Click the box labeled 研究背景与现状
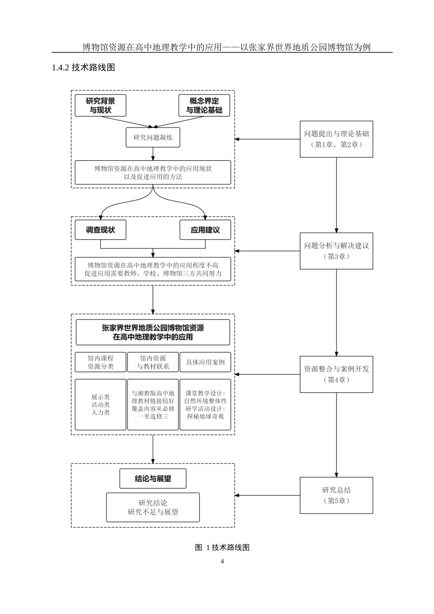coord(101,106)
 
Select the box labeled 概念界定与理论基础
coord(204,106)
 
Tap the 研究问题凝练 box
coord(153,138)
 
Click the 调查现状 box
coord(101,230)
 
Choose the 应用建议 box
coord(205,230)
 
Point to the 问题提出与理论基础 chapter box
coord(336,139)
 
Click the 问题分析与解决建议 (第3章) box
coord(336,251)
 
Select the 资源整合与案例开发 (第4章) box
coord(336,374)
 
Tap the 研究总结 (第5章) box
coord(336,495)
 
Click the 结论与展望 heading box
coord(153,479)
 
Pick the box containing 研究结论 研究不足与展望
coord(153,507)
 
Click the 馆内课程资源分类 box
coord(101,362)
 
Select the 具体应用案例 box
coord(205,362)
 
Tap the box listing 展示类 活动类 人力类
coord(101,405)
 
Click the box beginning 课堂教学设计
coord(205,405)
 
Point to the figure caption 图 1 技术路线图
coord(222,547)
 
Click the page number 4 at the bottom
coord(222,561)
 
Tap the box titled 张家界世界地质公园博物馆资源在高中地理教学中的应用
coord(153,333)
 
